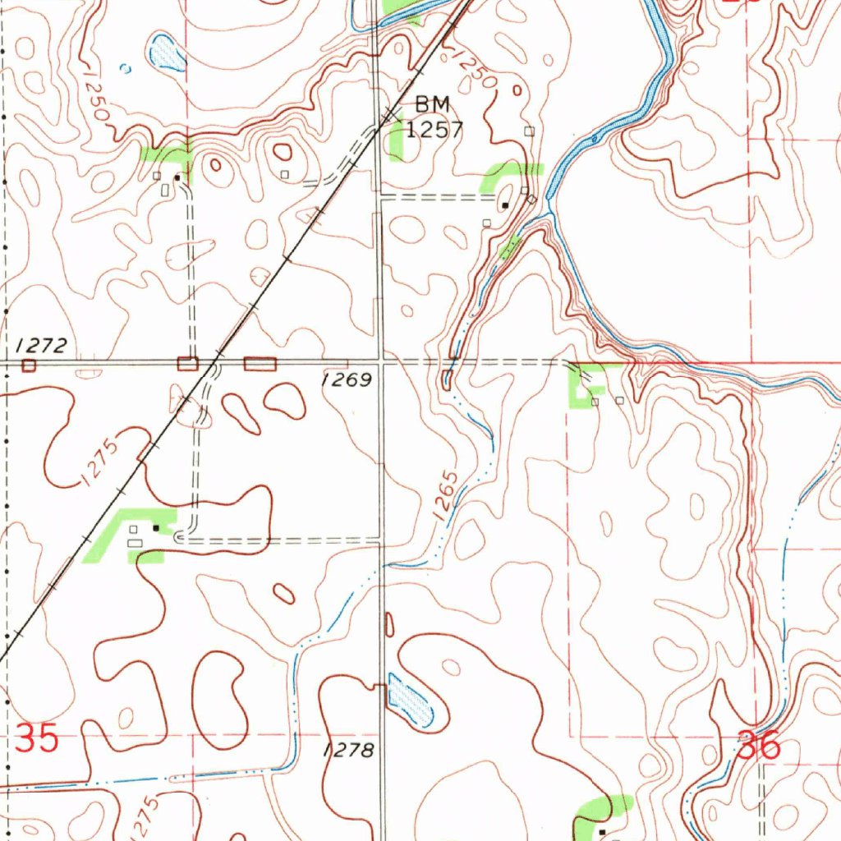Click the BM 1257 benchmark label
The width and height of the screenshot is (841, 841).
pos(438,117)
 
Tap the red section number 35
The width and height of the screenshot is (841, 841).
pos(38,738)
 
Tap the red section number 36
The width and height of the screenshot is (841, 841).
pos(757,747)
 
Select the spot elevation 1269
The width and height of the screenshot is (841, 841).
pos(347,379)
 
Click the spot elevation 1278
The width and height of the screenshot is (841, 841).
pos(349,750)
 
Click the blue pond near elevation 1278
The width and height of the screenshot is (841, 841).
pos(410,701)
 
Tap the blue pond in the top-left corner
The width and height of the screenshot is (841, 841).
pos(167,53)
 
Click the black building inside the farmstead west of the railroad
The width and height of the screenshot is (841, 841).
pos(155,528)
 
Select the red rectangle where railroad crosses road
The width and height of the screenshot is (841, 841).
pos(188,364)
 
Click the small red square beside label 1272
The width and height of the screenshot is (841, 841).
pos(30,365)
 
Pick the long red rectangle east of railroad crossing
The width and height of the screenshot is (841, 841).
pos(260,364)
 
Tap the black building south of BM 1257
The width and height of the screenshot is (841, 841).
pos(506,205)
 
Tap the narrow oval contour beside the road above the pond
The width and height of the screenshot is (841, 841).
pos(389,625)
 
